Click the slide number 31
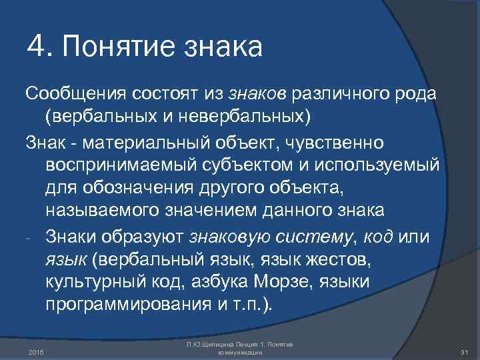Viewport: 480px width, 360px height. coord(465,351)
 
